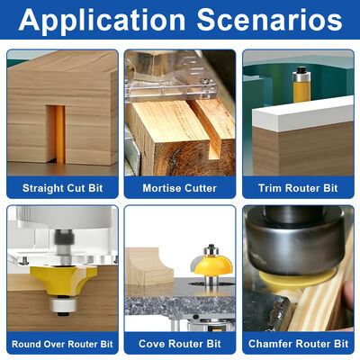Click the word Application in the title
pos(102,21)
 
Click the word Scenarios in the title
pos(269,20)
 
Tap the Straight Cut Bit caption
pos(63,188)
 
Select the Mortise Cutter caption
pos(180,188)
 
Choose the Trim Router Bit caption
pos(298,188)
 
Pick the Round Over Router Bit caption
pos(62,344)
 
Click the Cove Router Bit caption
pos(180,344)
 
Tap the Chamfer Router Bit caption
pos(298,344)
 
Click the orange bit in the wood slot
pos(59,134)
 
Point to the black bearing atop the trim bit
pos(301,71)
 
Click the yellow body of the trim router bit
pos(301,92)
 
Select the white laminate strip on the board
pos(302,114)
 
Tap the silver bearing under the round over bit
pos(64,305)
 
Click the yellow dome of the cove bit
pos(213,265)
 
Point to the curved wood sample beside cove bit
pos(149,266)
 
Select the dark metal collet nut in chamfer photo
pos(295,243)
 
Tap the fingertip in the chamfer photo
pos(348,295)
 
